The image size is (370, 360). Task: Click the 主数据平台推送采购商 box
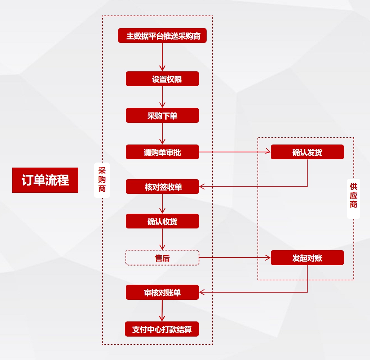tap(162, 36)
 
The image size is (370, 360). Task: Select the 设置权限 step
tap(162, 79)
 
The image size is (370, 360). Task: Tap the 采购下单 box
tap(162, 115)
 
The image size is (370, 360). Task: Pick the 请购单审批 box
tap(162, 152)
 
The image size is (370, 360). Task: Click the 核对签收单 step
tap(162, 187)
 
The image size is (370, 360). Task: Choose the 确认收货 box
tap(162, 221)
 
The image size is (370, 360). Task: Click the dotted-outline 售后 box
tap(162, 258)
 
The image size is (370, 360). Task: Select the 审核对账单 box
tap(162, 292)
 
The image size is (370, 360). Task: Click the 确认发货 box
tap(307, 152)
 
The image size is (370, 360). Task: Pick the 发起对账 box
tap(307, 258)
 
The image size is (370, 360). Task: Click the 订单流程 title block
tap(45, 180)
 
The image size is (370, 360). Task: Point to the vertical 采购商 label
tap(102, 180)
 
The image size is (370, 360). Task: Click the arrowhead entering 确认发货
tap(268, 152)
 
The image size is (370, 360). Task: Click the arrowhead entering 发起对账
tap(268, 258)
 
